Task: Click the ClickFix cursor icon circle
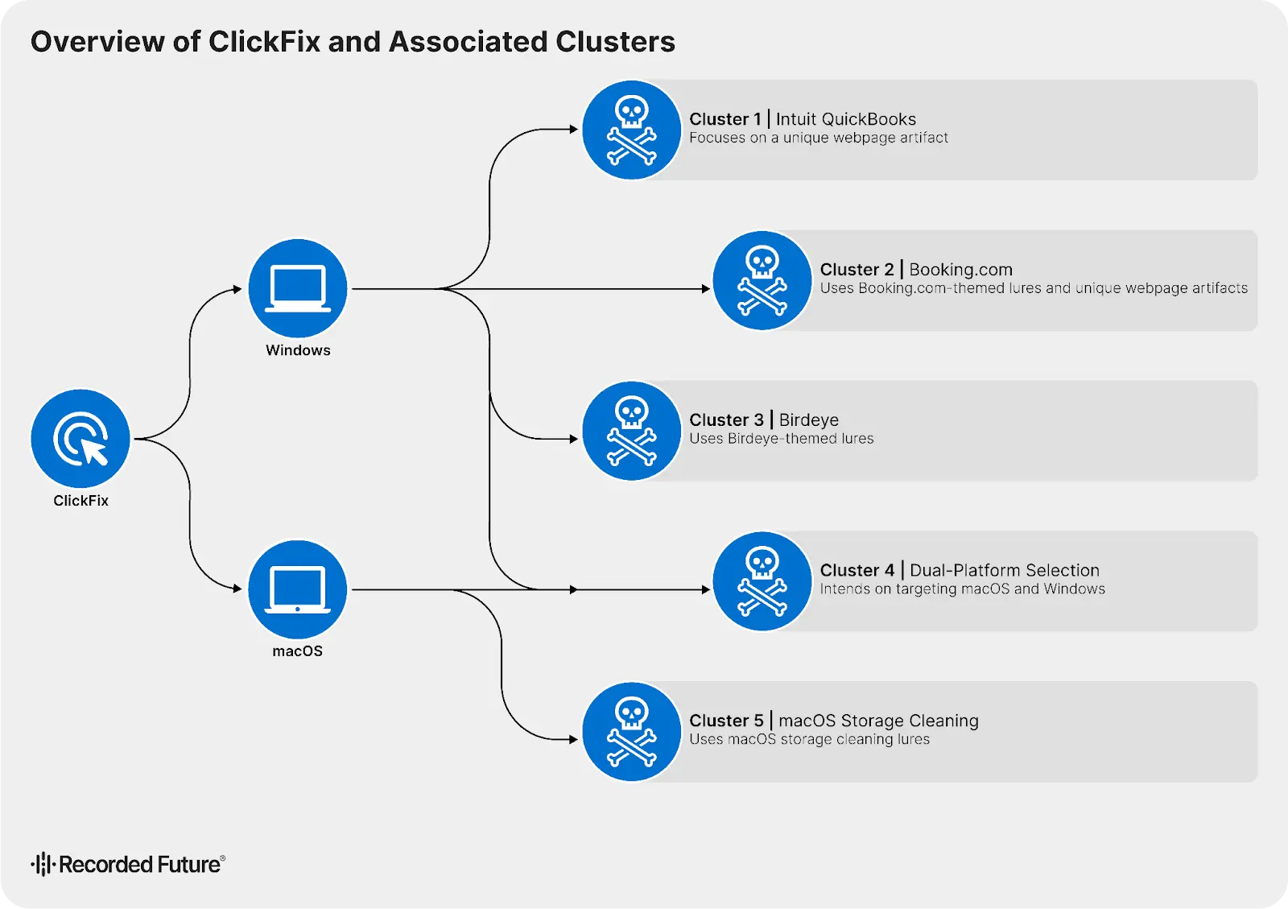click(x=80, y=439)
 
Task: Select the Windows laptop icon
click(x=298, y=288)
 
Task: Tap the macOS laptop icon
click(x=298, y=589)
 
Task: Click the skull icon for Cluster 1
click(x=632, y=130)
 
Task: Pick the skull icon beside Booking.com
click(x=762, y=280)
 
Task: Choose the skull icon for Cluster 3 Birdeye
click(x=632, y=431)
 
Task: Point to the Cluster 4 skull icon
click(x=762, y=581)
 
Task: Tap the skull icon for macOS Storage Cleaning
click(x=632, y=732)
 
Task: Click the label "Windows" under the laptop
click(x=298, y=350)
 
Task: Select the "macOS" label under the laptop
click(x=298, y=651)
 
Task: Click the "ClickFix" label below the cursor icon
click(x=80, y=501)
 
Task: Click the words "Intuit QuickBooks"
click(x=845, y=119)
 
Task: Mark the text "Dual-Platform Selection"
click(x=1004, y=570)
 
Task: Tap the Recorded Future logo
click(x=129, y=864)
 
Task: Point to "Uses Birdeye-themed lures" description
click(x=781, y=439)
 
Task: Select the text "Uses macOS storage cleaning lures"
click(x=809, y=740)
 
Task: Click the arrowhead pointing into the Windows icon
click(x=237, y=289)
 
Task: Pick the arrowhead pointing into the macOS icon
click(x=237, y=589)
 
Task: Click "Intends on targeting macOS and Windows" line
click(x=962, y=589)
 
